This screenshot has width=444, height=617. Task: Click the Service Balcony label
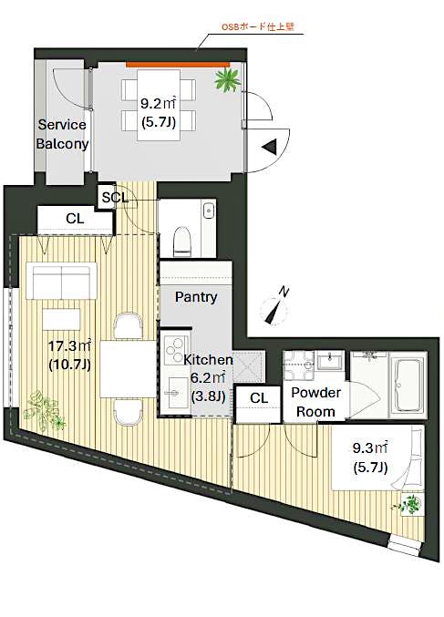point(62,134)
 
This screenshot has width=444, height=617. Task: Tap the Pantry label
point(195,297)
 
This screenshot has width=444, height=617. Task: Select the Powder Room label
point(315,402)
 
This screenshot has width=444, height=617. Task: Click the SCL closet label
point(114,197)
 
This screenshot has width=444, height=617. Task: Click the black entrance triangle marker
point(270,146)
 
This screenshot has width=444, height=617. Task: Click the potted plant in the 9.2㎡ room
point(226,80)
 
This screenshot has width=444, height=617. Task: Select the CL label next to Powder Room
point(258,397)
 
